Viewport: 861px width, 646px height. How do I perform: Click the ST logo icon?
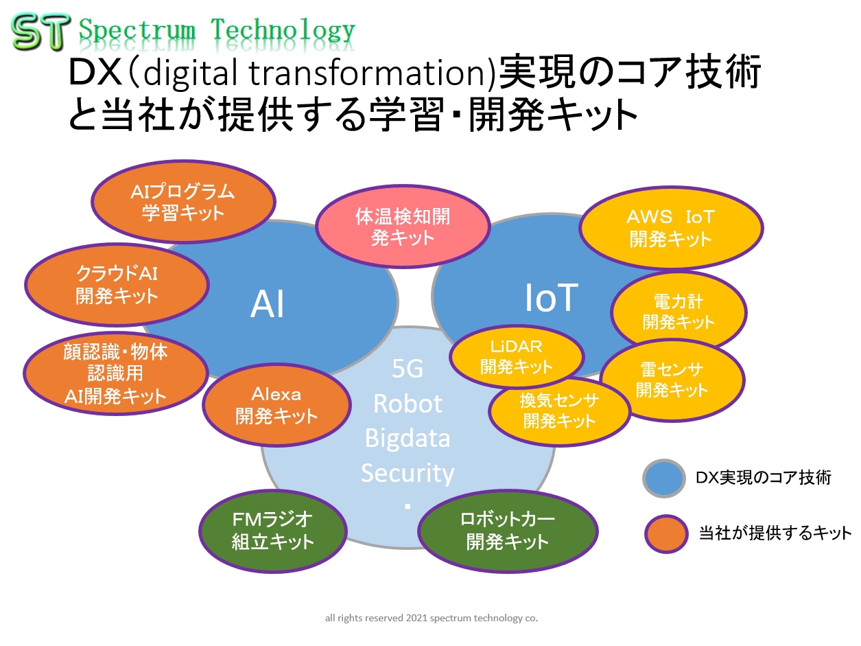coord(40,32)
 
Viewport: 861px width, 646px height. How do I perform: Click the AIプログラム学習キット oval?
coord(183,202)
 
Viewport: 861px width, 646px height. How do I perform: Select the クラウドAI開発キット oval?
coord(117,285)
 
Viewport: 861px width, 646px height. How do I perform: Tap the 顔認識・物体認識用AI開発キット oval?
coord(116,374)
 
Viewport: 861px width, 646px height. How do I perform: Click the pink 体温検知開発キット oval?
coord(403,227)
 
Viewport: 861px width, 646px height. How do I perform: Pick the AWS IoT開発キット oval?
coord(670,228)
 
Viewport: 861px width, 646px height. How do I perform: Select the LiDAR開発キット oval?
coord(517,356)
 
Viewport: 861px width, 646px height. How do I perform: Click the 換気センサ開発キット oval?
coord(559,411)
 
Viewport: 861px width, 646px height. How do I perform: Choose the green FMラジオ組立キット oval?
coord(272,531)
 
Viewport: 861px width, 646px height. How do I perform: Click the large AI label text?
coord(267,305)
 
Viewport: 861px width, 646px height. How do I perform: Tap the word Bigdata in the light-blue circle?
coord(408,437)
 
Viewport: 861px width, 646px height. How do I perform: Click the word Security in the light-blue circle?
coord(408,473)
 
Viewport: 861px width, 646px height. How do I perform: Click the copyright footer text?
coord(431,618)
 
